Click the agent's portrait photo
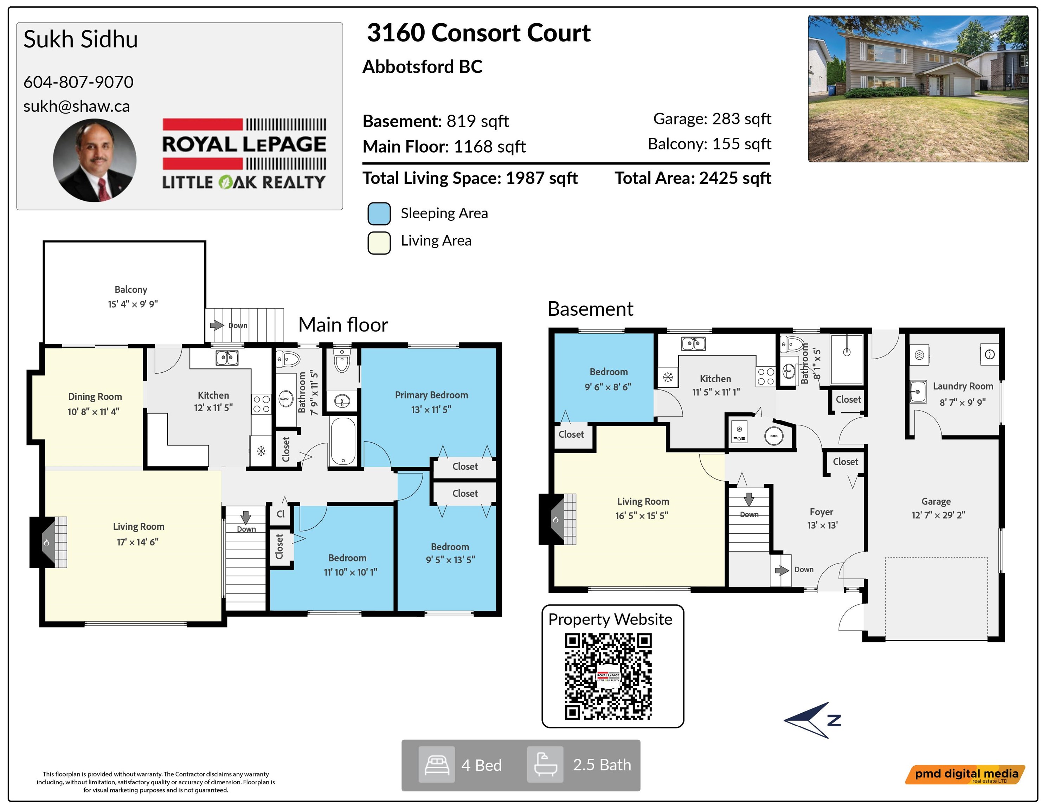pyautogui.click(x=95, y=160)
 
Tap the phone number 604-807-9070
pyautogui.click(x=78, y=82)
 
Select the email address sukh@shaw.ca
pyautogui.click(x=77, y=106)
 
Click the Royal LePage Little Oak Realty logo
pyautogui.click(x=244, y=154)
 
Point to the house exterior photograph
pyautogui.click(x=918, y=88)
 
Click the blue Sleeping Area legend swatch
pyautogui.click(x=379, y=213)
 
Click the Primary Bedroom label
pyautogui.click(x=431, y=395)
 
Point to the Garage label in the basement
pyautogui.click(x=936, y=501)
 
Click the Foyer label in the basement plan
pyautogui.click(x=822, y=512)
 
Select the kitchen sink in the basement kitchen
pyautogui.click(x=693, y=343)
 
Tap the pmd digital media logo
pyautogui.click(x=965, y=774)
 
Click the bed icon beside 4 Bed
pyautogui.click(x=437, y=764)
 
